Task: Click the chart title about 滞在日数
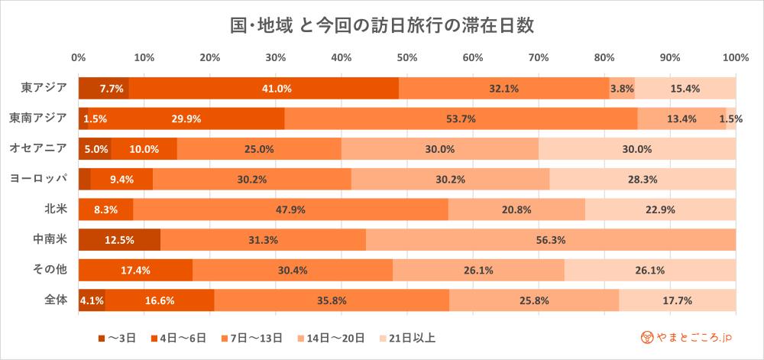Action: [381, 25]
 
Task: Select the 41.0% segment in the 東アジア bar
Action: [264, 88]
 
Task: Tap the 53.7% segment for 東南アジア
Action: [461, 118]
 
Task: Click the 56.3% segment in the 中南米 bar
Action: [551, 240]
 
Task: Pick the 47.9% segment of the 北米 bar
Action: [290, 209]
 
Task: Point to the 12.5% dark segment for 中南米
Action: [119, 240]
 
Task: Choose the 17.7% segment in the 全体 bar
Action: [677, 300]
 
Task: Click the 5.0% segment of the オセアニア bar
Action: [95, 149]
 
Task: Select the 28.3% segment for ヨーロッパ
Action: [643, 179]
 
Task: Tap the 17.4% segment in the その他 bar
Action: [135, 270]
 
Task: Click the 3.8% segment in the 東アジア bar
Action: [622, 88]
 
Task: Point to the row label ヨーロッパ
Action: [39, 178]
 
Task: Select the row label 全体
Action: [56, 300]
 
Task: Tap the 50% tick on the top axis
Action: [406, 57]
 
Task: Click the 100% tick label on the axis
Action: [735, 57]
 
